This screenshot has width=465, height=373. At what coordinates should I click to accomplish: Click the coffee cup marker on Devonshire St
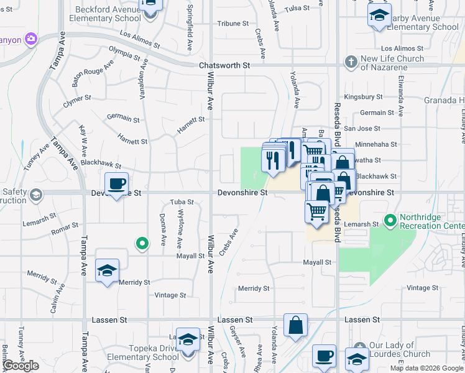pyautogui.click(x=116, y=184)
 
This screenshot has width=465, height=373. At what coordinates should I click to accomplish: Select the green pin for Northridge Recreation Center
pyautogui.click(x=390, y=220)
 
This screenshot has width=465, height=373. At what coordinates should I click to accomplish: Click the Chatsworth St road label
pyautogui.click(x=224, y=65)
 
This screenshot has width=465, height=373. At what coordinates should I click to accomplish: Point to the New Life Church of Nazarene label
pyautogui.click(x=392, y=63)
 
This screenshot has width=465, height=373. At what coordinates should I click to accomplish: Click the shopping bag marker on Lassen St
pyautogui.click(x=296, y=325)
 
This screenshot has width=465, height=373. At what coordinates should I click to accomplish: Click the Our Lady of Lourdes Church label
pyautogui.click(x=399, y=349)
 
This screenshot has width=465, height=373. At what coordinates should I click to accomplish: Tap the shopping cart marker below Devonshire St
pyautogui.click(x=316, y=213)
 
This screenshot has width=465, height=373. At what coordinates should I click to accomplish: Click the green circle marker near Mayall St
pyautogui.click(x=142, y=244)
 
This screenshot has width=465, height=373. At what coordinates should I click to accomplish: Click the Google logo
pyautogui.click(x=20, y=366)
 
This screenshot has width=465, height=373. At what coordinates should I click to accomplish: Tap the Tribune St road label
pyautogui.click(x=233, y=24)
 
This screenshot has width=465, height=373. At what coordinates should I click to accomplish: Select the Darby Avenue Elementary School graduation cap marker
pyautogui.click(x=379, y=17)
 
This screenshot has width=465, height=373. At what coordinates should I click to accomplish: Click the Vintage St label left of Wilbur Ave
pyautogui.click(x=170, y=295)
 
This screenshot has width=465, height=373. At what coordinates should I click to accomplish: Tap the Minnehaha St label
pyautogui.click(x=363, y=144)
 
